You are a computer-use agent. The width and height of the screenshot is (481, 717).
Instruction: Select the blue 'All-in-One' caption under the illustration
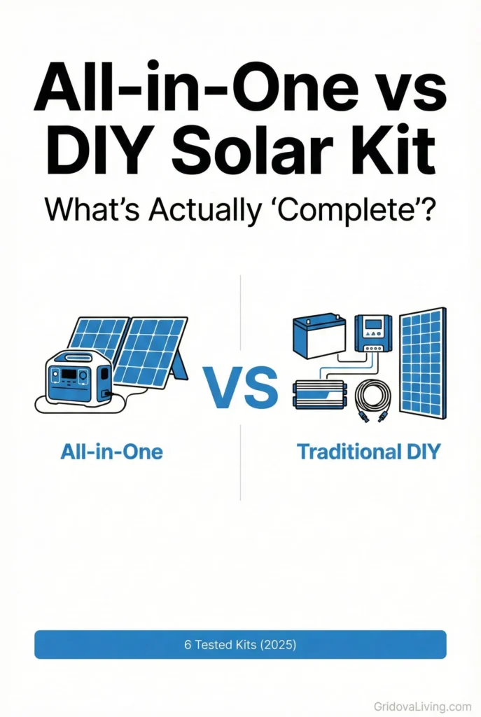point(111,452)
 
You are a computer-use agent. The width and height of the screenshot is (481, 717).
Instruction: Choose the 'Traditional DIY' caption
point(369,452)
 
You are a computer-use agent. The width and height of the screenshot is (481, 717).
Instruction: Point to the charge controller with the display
point(372,332)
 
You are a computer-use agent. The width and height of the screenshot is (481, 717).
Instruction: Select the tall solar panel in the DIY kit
point(422,362)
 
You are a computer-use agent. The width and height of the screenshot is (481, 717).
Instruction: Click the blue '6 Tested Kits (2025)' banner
point(240,644)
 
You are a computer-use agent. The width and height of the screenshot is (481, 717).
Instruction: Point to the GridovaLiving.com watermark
point(422,706)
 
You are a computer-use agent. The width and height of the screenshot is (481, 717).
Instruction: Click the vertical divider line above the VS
point(240,315)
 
